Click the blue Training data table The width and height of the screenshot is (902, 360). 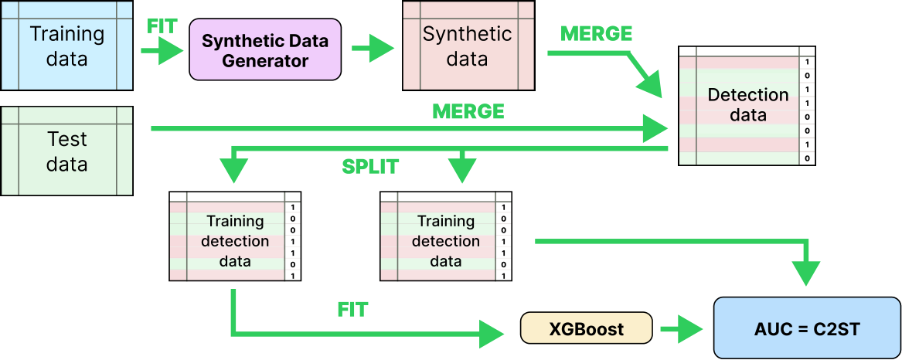[x=67, y=46]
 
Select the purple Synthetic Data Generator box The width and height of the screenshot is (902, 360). [x=265, y=50]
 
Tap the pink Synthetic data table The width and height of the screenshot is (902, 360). [x=468, y=46]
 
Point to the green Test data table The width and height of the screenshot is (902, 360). [x=67, y=151]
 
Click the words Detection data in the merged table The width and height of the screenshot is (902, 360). [x=748, y=105]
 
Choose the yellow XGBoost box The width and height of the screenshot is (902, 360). [x=587, y=328]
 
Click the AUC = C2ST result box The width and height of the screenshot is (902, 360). [x=805, y=328]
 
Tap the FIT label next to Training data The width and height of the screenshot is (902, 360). [x=162, y=26]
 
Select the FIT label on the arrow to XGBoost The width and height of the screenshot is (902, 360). [x=352, y=311]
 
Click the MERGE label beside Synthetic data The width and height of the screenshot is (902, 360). [x=596, y=34]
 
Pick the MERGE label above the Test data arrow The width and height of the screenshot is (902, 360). [x=468, y=111]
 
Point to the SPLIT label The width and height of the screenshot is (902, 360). [x=370, y=166]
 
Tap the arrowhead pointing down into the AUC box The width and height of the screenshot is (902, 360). [x=806, y=273]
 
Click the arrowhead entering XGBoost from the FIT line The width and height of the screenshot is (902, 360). [x=492, y=334]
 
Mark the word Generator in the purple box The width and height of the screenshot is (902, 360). [x=265, y=60]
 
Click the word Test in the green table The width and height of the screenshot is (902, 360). [x=67, y=139]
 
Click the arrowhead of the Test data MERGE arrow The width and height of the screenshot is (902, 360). [x=658, y=129]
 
